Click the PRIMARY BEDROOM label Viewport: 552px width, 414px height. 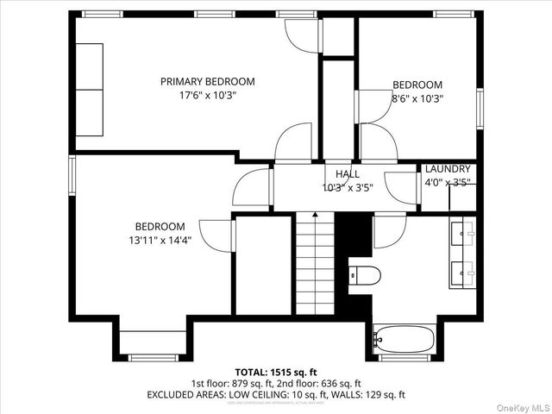207,82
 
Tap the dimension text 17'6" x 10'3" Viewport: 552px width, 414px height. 207,96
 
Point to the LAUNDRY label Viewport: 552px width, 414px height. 448,169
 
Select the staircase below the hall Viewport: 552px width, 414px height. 315,264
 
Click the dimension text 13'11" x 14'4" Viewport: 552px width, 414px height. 154,241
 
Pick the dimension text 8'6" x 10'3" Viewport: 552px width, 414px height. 417,99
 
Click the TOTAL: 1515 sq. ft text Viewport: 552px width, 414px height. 276,371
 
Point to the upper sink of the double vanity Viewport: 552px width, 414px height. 467,232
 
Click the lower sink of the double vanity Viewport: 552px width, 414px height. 467,274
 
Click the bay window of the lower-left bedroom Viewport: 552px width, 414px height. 153,356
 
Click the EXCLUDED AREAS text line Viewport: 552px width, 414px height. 276,394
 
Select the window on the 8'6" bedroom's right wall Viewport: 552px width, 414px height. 480,107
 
